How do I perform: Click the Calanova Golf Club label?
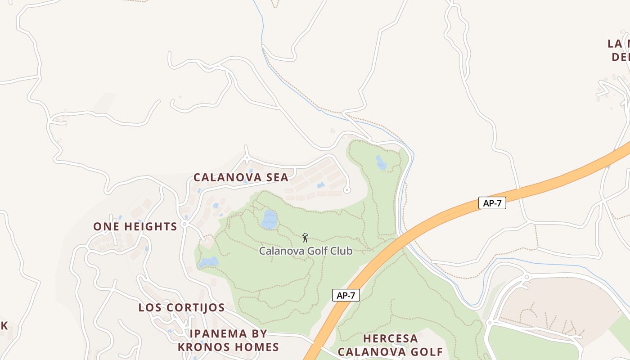306,251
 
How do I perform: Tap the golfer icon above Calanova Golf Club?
305,238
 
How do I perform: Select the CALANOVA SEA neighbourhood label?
241,177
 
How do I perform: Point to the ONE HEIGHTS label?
135,226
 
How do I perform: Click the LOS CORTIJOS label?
181,308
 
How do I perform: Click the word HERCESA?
390,338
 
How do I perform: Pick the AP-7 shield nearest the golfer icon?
346,295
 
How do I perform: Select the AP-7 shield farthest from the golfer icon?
492,203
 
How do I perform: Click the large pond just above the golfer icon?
269,219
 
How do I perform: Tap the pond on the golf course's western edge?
209,262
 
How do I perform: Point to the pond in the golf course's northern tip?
381,163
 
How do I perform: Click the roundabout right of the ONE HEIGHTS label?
184,224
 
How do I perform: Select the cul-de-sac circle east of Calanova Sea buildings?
346,190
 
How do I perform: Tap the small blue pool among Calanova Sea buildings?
320,185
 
